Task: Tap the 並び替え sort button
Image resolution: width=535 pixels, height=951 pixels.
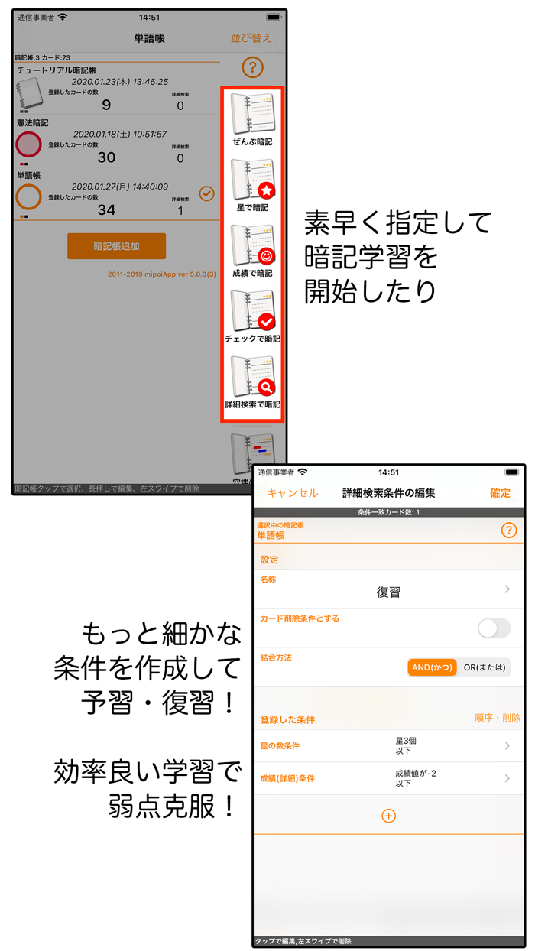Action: click(251, 38)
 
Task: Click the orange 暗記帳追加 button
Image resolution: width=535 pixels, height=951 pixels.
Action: click(116, 246)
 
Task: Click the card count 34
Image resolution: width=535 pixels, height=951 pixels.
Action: click(106, 210)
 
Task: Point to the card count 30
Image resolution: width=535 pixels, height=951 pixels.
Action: click(106, 157)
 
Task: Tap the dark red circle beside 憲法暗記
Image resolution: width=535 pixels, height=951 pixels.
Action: click(28, 144)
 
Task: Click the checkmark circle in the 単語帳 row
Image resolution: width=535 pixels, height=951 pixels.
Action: click(206, 194)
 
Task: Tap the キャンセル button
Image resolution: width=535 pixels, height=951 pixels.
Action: click(292, 493)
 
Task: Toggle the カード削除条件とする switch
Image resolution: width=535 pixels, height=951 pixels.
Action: click(494, 628)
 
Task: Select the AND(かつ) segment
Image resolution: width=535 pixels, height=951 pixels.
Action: click(432, 667)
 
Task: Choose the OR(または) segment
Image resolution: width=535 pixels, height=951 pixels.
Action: click(485, 667)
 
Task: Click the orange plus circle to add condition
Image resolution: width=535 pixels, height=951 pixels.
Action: click(388, 816)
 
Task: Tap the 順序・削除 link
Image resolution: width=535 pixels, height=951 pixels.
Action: click(497, 718)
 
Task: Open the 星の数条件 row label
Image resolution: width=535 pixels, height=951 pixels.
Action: click(280, 746)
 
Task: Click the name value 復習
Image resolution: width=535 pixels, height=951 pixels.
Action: click(388, 592)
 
